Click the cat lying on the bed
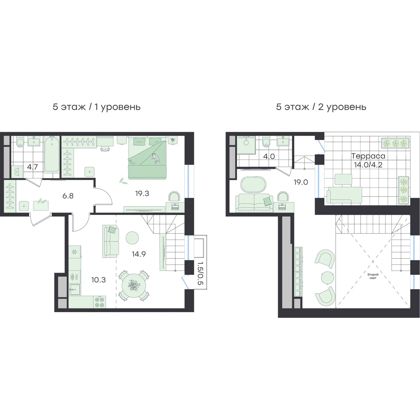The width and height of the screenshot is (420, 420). pos(156,158)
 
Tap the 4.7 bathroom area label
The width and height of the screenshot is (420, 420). pos(33,167)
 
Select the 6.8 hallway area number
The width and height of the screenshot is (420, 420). pos(68,196)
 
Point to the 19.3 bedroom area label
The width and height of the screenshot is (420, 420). pos(142,193)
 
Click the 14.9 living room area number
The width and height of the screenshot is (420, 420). pos(139,254)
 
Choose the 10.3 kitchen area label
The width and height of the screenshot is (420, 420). pos(98,280)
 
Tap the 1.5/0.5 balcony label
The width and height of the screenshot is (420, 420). pos(200,273)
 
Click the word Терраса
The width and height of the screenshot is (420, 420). pos(368,156)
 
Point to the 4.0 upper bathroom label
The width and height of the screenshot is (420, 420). pos(269,156)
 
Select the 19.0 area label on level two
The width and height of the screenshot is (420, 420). pos(301,182)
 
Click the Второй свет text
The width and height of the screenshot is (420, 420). pos(373,276)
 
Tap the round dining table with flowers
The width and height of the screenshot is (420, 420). pos(134,286)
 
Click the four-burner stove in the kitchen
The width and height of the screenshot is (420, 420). pos(100,302)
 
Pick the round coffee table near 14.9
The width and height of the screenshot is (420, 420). pos(132,238)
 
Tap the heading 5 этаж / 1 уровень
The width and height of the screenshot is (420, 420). pos(97,107)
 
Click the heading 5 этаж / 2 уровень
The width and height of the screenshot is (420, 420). pos(321,107)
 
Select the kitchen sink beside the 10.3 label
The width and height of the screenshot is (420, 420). pos(75,290)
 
